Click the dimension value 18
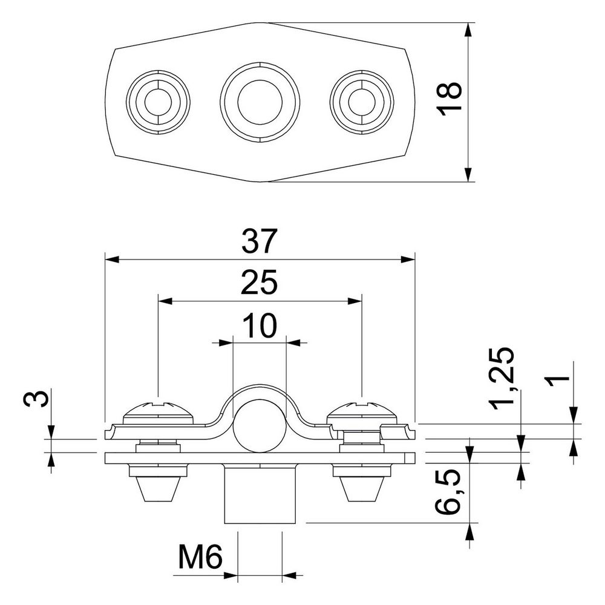449,99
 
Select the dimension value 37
260,241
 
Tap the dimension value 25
260,283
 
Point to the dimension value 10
260,325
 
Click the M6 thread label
201,557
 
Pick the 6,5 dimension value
448,491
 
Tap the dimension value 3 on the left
36,398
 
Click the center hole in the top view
260,102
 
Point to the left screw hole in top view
158,102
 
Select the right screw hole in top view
362,102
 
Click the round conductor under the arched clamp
260,426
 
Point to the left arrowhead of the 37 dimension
112,260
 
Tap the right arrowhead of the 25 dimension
355,301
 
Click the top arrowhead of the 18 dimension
468,30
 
